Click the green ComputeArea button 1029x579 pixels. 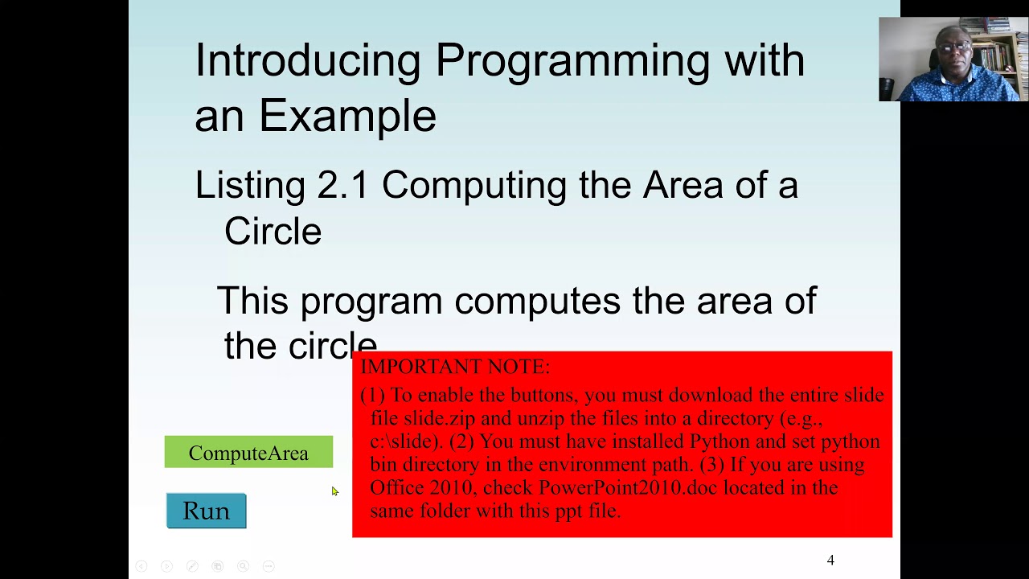point(248,453)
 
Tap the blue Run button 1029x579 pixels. point(207,511)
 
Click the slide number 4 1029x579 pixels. point(830,561)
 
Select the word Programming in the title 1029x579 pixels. point(572,61)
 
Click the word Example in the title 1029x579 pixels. point(347,116)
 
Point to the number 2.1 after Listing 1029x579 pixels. point(342,186)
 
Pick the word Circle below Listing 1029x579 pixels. point(273,232)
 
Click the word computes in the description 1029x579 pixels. point(537,301)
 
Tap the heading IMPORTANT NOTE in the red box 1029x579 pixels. point(455,367)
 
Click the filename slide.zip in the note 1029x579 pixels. point(440,418)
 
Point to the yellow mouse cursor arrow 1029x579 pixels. point(334,491)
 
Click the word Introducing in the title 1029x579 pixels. point(308,61)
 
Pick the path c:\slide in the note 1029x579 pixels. point(404,441)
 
